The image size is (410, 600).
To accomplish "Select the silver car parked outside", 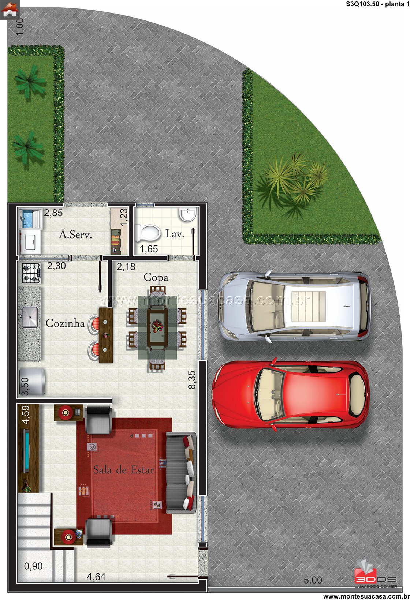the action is (x=294, y=306).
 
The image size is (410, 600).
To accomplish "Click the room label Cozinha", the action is (x=65, y=323).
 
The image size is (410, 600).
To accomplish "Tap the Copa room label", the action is (x=156, y=278).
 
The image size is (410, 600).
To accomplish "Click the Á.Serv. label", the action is (x=75, y=235).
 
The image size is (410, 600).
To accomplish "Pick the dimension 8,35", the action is (x=192, y=379).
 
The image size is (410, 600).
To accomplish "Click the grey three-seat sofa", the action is (x=181, y=473).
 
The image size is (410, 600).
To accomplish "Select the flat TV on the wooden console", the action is (x=27, y=451).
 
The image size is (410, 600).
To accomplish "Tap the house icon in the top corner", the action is (x=10, y=10).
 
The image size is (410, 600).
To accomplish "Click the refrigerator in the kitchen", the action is (x=31, y=382).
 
